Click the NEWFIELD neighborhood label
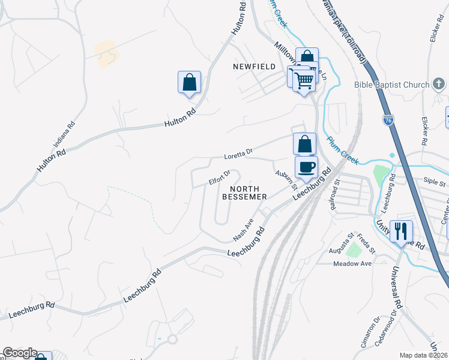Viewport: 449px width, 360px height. click(x=254, y=67)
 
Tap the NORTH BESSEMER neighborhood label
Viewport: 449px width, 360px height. click(x=244, y=192)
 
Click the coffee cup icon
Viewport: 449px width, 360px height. click(x=306, y=167)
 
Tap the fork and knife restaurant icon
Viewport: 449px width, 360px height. click(x=401, y=231)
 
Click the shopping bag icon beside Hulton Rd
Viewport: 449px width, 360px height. click(x=189, y=82)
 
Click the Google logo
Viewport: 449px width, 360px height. click(x=20, y=353)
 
